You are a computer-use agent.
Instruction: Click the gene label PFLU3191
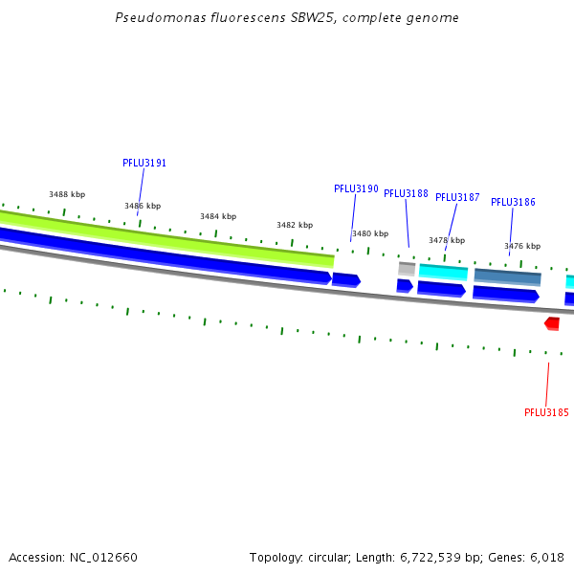point(144,163)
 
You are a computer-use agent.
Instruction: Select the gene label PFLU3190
point(356,188)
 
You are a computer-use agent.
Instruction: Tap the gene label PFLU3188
point(406,193)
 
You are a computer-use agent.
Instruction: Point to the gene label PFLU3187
point(457,197)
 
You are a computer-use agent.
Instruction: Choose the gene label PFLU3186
point(513,202)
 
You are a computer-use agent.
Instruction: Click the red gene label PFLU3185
point(546,412)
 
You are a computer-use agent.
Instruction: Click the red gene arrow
point(552,323)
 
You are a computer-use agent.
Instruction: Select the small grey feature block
point(407,269)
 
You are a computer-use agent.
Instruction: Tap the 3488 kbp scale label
point(67,194)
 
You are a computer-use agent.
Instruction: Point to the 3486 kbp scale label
point(143,206)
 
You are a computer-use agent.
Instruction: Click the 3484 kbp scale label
point(218,216)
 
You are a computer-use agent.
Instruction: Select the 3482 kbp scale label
point(295,225)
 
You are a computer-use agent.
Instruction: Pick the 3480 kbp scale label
point(370,233)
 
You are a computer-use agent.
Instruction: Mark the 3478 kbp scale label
point(447,240)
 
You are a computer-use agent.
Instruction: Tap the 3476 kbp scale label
point(522,246)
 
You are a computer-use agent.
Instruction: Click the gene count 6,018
point(545,557)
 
